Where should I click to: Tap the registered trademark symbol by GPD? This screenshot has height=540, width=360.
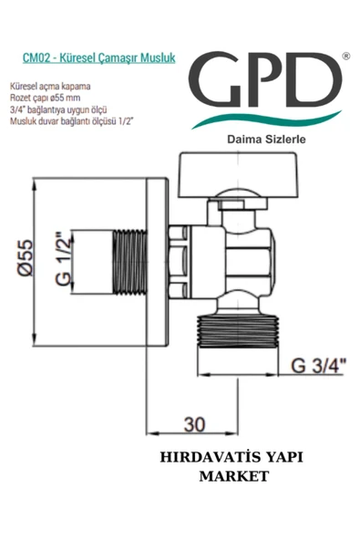[344, 57]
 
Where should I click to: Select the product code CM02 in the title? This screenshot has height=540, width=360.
[36, 57]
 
